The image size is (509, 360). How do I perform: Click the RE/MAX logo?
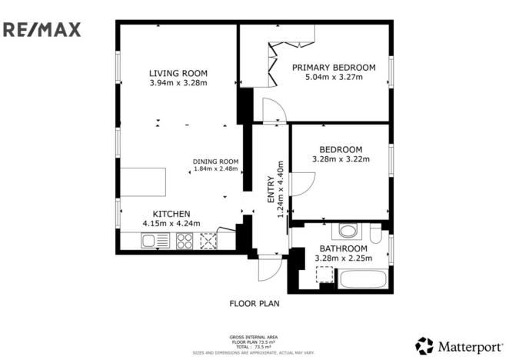click(x=42, y=30)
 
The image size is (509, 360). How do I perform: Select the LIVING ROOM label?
click(x=178, y=74)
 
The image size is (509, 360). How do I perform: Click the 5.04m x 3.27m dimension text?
click(x=334, y=78)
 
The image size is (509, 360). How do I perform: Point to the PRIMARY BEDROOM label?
click(x=334, y=68)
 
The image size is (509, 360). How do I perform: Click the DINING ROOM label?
click(x=216, y=161)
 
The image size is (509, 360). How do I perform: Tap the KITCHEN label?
click(x=171, y=214)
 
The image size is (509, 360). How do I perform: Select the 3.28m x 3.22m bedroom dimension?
click(x=341, y=159)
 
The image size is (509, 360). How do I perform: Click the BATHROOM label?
click(x=343, y=248)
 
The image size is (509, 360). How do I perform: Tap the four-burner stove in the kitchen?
click(x=185, y=241)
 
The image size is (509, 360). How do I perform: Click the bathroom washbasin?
click(x=347, y=230)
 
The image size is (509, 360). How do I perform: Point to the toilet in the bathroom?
click(x=374, y=233)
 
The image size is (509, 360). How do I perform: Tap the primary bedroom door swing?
click(x=274, y=111)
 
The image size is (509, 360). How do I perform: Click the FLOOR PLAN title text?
click(x=254, y=303)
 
